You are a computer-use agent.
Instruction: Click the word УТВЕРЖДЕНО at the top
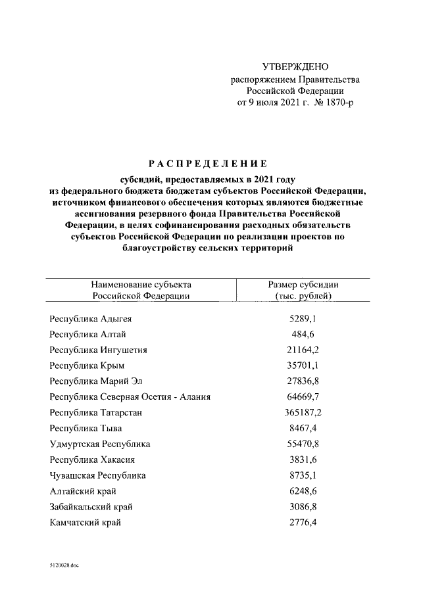(x=295, y=67)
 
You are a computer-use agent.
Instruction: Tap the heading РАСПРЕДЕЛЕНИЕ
(x=207, y=164)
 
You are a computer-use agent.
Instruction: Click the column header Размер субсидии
(x=303, y=284)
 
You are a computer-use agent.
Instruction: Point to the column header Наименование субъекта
(x=141, y=284)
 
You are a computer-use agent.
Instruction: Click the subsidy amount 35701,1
(x=304, y=366)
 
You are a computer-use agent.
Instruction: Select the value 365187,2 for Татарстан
(x=304, y=412)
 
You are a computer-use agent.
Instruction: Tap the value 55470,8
(x=304, y=444)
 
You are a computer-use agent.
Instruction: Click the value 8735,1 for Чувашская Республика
(x=304, y=475)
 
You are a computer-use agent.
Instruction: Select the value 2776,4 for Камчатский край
(x=304, y=523)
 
